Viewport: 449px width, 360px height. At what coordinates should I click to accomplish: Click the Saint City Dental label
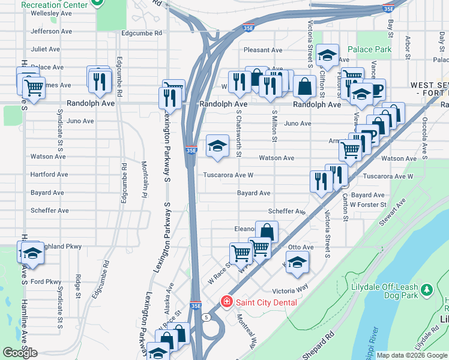[267, 302]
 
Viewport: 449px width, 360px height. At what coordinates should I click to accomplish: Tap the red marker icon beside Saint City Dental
[227, 301]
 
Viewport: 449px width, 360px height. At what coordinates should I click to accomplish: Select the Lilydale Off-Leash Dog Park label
[384, 292]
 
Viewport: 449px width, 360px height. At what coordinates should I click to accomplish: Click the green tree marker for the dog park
[427, 290]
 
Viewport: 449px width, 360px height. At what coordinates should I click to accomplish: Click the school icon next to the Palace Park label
[328, 56]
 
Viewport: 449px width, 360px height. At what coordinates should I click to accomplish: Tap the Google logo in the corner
[20, 353]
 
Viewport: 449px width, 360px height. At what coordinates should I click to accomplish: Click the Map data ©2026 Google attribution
[412, 355]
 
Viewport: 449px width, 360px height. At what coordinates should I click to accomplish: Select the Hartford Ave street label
[49, 175]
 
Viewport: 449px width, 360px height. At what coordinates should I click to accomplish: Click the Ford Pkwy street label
[46, 281]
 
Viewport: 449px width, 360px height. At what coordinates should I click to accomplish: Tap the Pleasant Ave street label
[263, 50]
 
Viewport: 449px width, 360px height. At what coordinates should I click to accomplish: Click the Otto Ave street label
[301, 247]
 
